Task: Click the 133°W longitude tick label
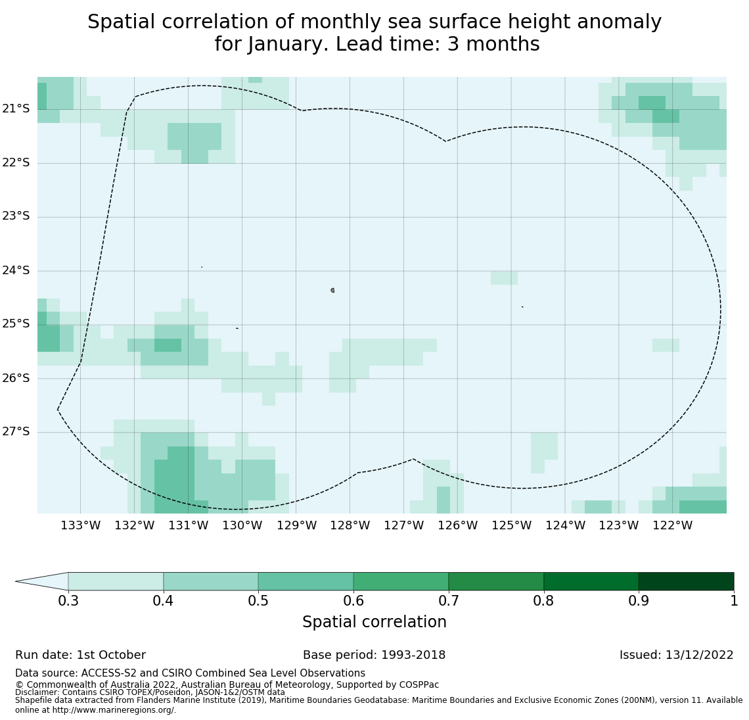pos(80,525)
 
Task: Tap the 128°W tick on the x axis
pos(350,525)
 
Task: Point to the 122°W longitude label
pos(672,525)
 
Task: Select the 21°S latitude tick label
pos(16,108)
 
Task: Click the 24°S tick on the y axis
pos(16,270)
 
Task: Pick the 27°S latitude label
pos(16,431)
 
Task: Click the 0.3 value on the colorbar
pos(68,600)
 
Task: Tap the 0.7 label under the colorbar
pos(449,600)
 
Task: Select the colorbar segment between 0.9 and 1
pos(686,581)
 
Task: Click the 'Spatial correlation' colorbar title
pos(374,622)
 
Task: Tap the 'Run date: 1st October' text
pos(80,655)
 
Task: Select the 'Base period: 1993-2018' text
pos(374,655)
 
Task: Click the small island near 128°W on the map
pos(332,290)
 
